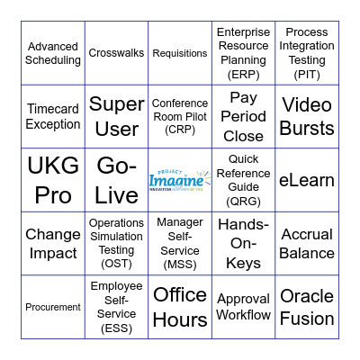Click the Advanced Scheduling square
[x=53, y=53]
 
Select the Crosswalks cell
[x=116, y=53]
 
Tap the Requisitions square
[x=180, y=53]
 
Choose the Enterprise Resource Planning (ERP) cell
[x=243, y=53]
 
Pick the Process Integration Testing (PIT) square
[x=307, y=53]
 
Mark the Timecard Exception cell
[x=53, y=117]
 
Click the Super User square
[x=116, y=117]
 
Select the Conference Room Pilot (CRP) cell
[x=180, y=117]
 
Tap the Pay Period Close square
[x=243, y=117]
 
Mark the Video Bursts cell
[x=307, y=117]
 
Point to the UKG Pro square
[x=53, y=180]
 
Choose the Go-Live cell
[x=116, y=180]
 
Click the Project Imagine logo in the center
[x=180, y=180]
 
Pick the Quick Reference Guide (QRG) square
[x=243, y=180]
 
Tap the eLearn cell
[x=307, y=180]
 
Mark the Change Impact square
[x=53, y=244]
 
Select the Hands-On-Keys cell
[x=243, y=244]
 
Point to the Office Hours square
[x=180, y=307]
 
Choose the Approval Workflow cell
[x=243, y=307]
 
